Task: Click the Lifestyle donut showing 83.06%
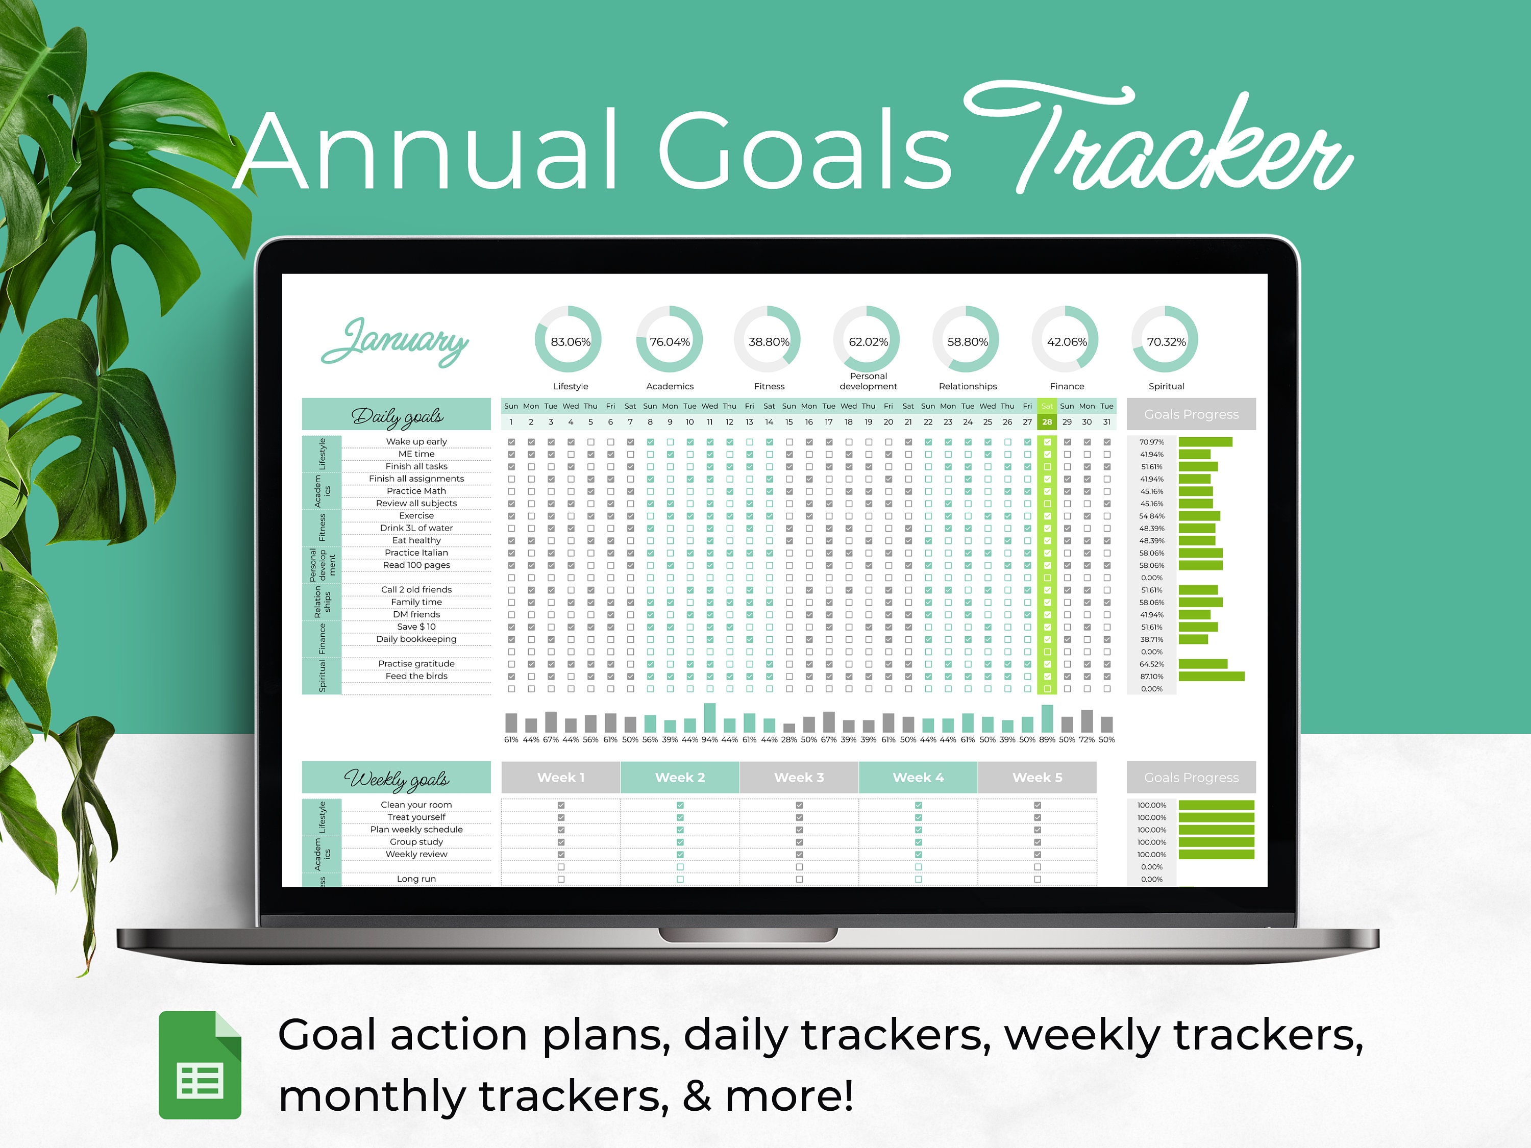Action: click(x=570, y=340)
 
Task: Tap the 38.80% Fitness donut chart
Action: click(x=768, y=340)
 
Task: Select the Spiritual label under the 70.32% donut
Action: click(x=1166, y=386)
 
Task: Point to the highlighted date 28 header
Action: click(x=1047, y=421)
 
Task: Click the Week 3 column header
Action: click(x=799, y=777)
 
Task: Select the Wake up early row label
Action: click(x=416, y=441)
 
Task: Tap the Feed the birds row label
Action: click(x=416, y=676)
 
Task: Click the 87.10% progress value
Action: click(x=1152, y=676)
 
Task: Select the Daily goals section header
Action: click(x=397, y=415)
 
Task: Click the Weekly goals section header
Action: click(x=397, y=779)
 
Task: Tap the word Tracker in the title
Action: click(x=1156, y=142)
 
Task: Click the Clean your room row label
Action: click(x=416, y=805)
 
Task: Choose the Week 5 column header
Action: click(x=1037, y=777)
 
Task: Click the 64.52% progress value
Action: click(x=1152, y=664)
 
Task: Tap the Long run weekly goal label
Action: click(x=416, y=879)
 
